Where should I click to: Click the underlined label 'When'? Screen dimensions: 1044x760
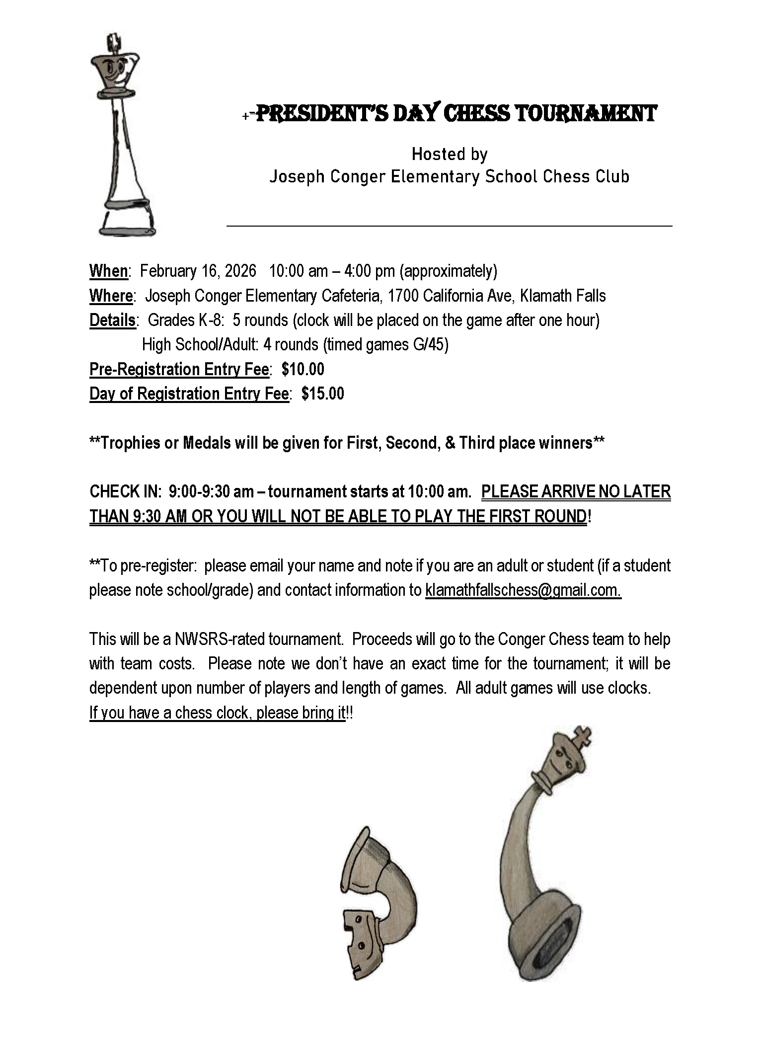coord(108,271)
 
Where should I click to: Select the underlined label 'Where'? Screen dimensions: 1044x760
coord(111,296)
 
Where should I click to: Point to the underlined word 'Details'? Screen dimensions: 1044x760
coord(112,321)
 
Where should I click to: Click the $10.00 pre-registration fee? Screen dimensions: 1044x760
coord(303,369)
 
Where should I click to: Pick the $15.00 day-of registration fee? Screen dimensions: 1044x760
coord(322,394)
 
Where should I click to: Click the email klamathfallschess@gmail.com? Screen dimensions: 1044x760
coord(523,590)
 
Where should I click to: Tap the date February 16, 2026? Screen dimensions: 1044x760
coord(198,271)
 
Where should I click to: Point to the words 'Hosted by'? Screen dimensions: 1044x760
coord(450,155)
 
